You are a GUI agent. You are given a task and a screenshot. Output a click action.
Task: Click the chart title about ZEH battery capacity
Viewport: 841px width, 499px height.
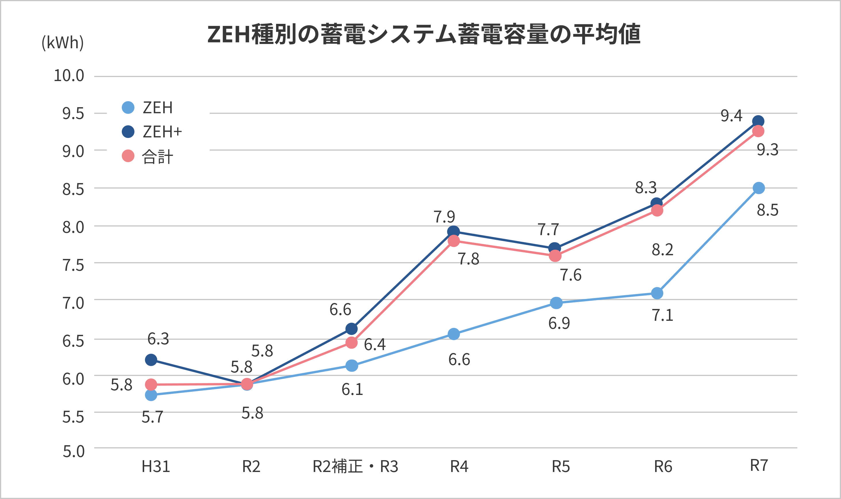pyautogui.click(x=424, y=34)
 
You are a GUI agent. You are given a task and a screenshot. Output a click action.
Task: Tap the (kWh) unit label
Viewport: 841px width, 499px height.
pyautogui.click(x=63, y=43)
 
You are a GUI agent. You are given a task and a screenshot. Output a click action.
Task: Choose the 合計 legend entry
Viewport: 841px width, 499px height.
pyautogui.click(x=148, y=156)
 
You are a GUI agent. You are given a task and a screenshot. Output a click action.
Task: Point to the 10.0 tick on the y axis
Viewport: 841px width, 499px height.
pyautogui.click(x=69, y=76)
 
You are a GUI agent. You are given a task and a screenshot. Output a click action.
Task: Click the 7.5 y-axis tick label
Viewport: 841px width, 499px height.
pyautogui.click(x=73, y=265)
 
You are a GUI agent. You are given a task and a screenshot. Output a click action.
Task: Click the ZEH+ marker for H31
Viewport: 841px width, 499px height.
pyautogui.click(x=151, y=360)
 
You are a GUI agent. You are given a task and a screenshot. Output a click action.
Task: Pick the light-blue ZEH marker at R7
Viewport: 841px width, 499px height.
pyautogui.click(x=759, y=188)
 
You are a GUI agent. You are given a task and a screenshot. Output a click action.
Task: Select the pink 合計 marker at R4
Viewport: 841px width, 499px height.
pyautogui.click(x=454, y=241)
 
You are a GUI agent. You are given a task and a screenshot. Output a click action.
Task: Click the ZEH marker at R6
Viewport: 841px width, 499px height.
pyautogui.click(x=657, y=293)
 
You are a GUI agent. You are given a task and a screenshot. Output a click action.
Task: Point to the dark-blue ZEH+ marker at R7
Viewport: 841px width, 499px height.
pyautogui.click(x=758, y=121)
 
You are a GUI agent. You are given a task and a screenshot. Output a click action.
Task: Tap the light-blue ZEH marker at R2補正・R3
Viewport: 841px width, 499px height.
pyautogui.click(x=352, y=366)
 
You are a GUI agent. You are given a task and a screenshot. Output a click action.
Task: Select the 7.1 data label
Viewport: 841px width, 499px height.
pyautogui.click(x=663, y=315)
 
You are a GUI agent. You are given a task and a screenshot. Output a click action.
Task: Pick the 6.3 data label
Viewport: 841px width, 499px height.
pyautogui.click(x=158, y=339)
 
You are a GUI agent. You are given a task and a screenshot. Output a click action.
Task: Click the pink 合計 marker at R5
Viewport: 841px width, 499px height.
pyautogui.click(x=555, y=256)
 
